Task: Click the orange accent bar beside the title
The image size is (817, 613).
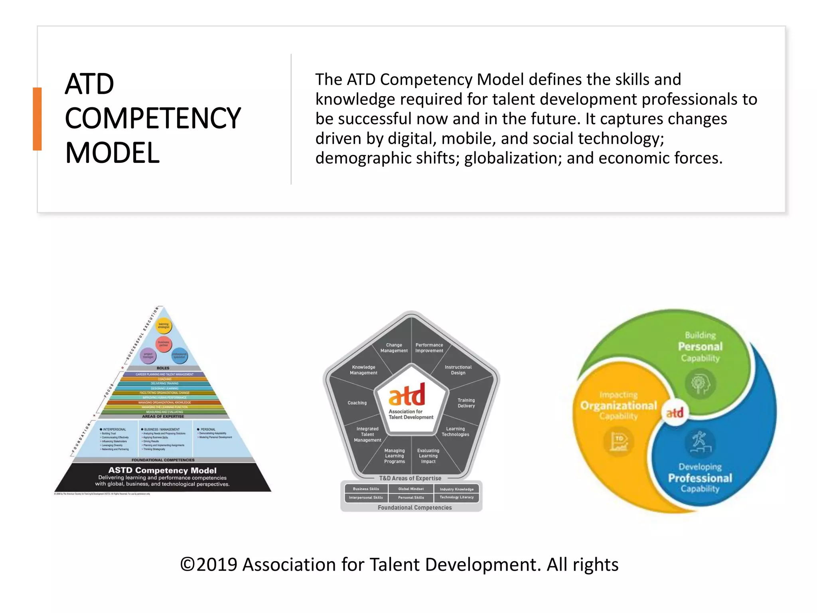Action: coord(37,119)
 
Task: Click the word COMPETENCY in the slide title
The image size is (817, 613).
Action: coord(153,119)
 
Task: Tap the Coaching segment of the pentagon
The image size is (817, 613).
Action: coord(357,403)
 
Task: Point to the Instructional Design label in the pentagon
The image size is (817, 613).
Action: coord(458,370)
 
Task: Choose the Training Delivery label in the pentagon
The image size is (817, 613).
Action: coord(466,403)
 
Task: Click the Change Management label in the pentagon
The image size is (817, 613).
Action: coord(394,348)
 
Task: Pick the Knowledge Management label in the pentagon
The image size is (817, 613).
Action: coord(363,370)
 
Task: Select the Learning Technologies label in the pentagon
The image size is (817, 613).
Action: coord(455,431)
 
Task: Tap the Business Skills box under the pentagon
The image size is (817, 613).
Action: coord(366,489)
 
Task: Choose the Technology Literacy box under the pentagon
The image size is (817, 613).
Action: coord(456,497)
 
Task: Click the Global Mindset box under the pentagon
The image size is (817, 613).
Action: coord(411,489)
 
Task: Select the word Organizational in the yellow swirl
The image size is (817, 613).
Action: coord(618,406)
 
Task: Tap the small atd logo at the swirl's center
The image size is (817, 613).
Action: coord(675,413)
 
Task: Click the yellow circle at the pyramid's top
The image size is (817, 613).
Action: coord(164,326)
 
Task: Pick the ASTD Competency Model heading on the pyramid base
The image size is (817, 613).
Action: coord(162,471)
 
